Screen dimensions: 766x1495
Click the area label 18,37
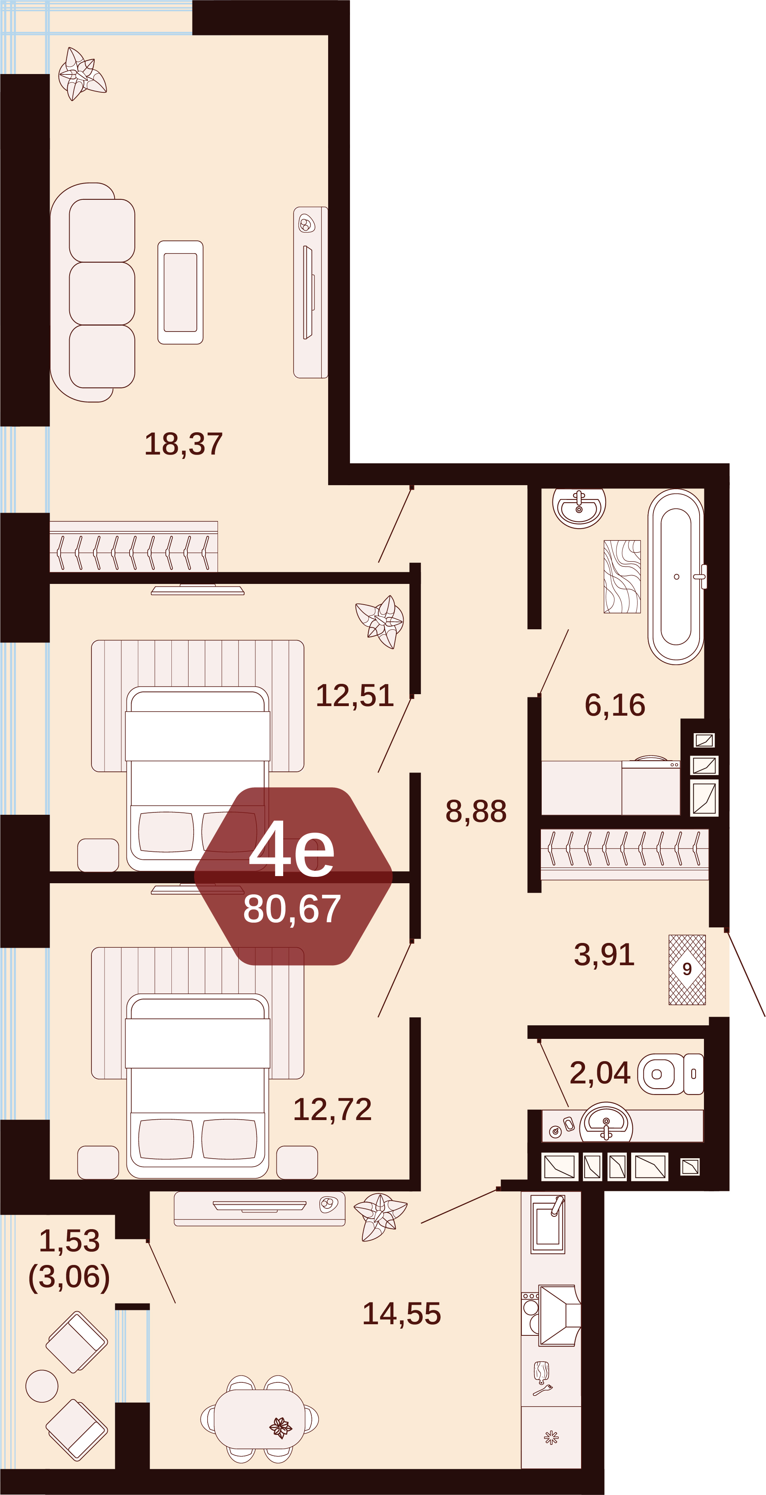tap(183, 445)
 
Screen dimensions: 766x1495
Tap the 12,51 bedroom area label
tap(355, 695)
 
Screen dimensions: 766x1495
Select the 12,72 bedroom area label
tap(332, 1110)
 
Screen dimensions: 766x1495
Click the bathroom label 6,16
tap(614, 705)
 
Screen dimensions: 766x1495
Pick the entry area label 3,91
tap(604, 955)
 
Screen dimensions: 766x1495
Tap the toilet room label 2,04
tap(600, 1073)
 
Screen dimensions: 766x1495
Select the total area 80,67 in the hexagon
tap(292, 909)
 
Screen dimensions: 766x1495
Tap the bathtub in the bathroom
tap(676, 577)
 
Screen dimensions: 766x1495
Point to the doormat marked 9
tap(687, 970)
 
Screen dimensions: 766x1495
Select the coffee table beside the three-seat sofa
tap(180, 293)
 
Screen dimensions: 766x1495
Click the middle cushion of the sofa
tap(102, 294)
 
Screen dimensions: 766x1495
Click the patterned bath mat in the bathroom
tap(622, 577)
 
